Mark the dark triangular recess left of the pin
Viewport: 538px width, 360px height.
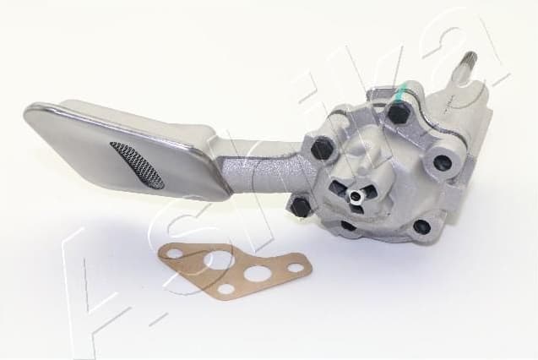[336, 190]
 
